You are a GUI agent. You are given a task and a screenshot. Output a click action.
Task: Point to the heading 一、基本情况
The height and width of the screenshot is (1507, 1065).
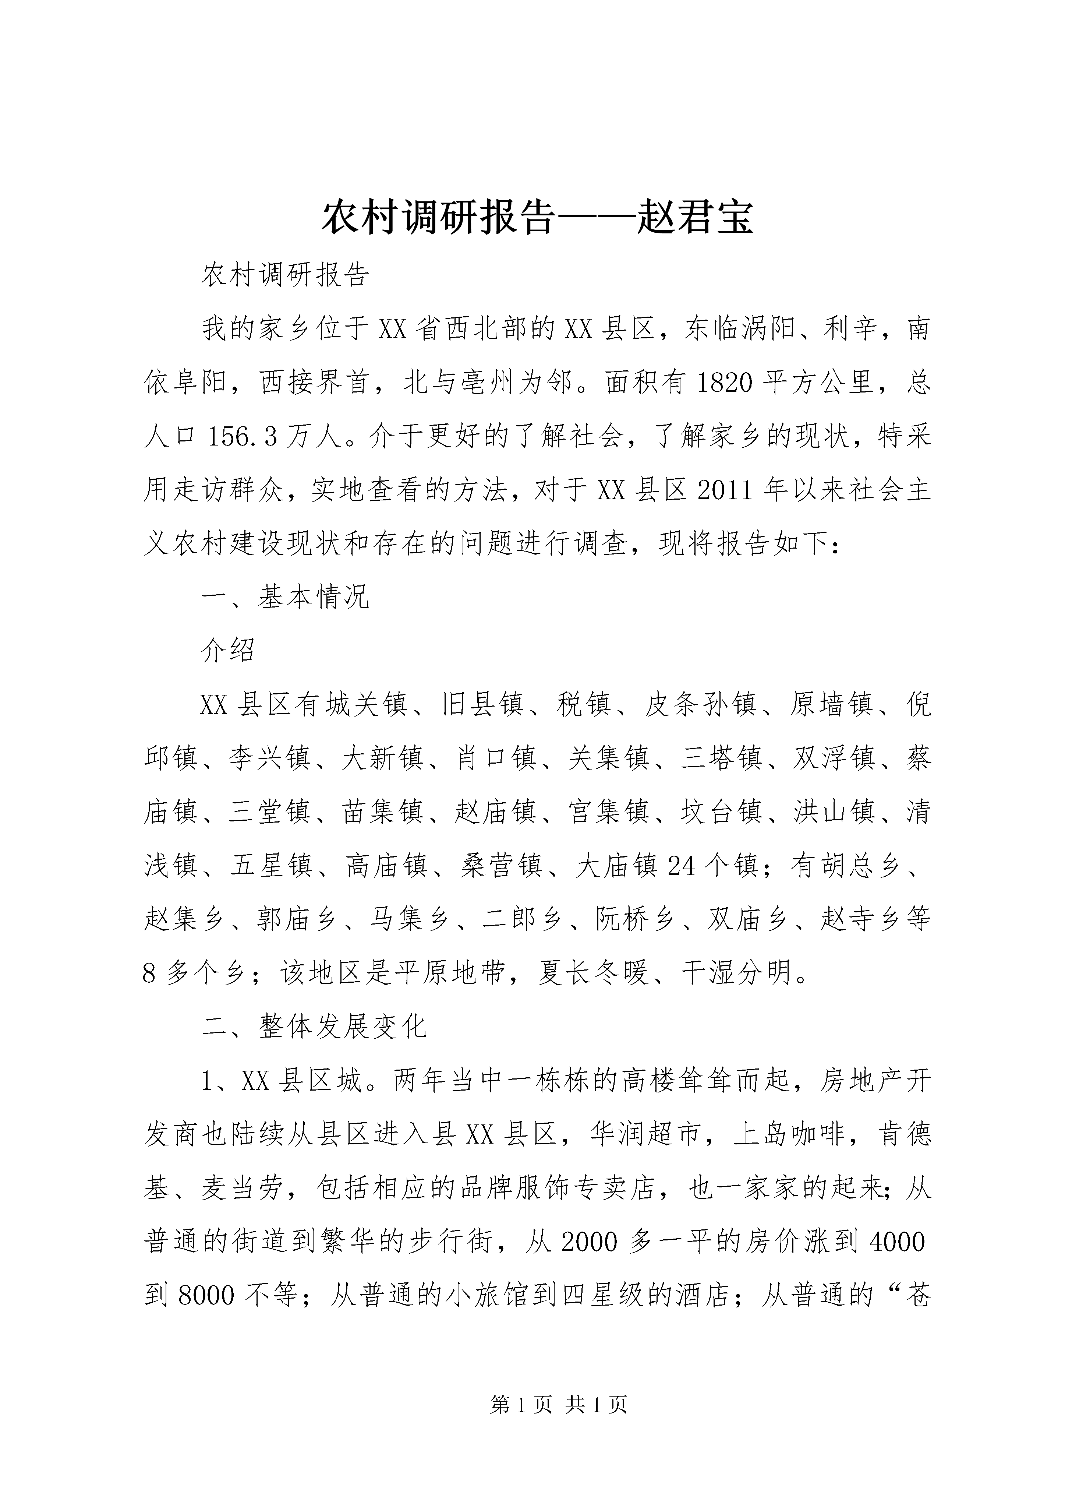(286, 596)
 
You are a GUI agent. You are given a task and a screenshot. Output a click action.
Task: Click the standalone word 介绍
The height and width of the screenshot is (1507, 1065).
(229, 651)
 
